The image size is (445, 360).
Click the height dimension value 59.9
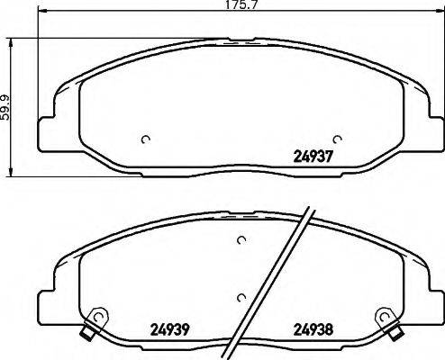(x=5, y=107)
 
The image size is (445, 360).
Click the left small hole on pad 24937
(x=146, y=139)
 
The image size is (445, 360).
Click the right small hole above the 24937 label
(x=337, y=139)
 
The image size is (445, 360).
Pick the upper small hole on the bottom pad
(x=241, y=239)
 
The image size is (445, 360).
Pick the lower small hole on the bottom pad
(x=240, y=298)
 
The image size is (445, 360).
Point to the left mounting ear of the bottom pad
(x=46, y=301)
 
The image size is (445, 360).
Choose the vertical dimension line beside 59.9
(x=12, y=107)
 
